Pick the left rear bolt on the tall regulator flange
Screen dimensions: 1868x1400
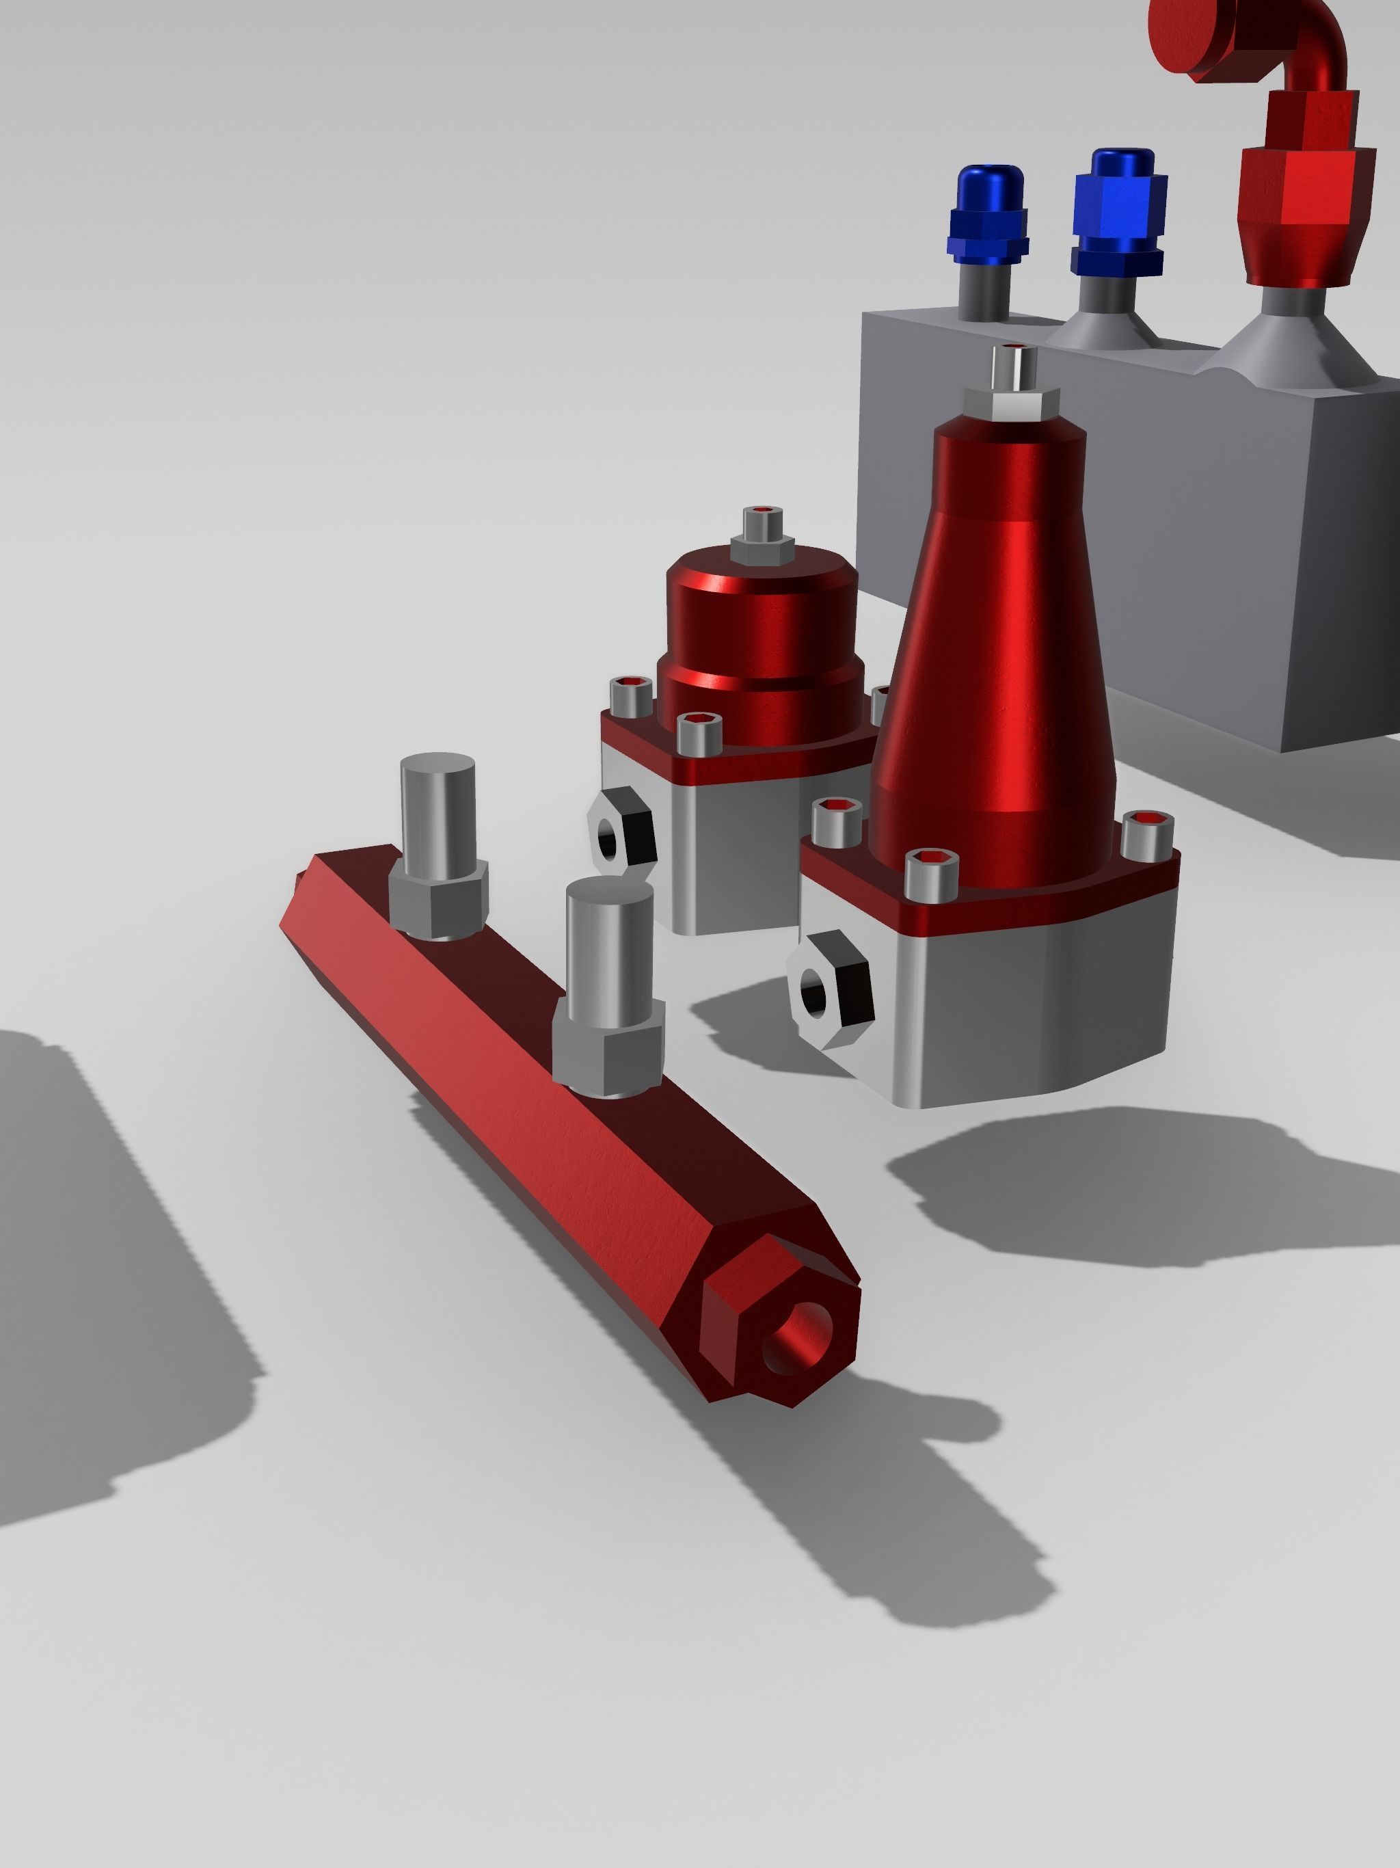(837, 820)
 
